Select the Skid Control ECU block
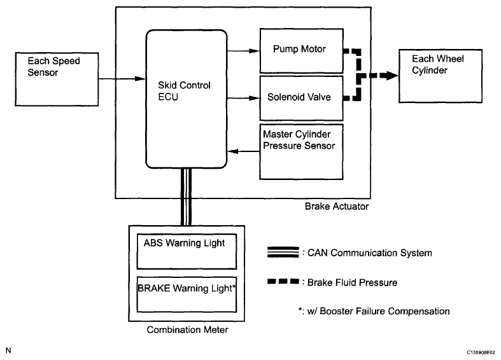[x=187, y=97]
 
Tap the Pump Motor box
[x=302, y=50]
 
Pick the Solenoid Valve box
[x=302, y=97]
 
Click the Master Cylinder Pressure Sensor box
[x=302, y=151]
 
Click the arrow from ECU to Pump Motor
[x=243, y=49]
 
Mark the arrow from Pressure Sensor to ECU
[x=243, y=152]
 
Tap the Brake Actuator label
[x=336, y=207]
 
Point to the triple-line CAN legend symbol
[x=281, y=253]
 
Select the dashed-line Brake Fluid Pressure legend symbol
[x=281, y=282]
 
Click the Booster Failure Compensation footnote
[x=369, y=311]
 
